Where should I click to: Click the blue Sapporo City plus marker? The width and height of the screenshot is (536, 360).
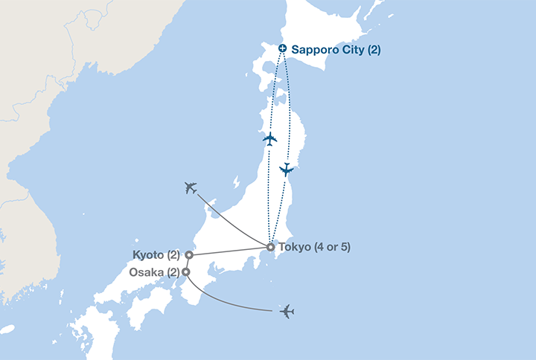[282, 49]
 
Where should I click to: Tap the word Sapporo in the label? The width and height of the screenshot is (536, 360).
[313, 50]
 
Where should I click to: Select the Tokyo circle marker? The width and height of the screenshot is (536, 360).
[270, 247]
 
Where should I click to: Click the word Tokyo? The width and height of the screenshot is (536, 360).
[293, 247]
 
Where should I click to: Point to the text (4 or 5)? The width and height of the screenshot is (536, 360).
[331, 247]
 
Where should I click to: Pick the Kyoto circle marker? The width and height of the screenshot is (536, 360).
[189, 255]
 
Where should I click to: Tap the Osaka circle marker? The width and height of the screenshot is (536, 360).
[185, 272]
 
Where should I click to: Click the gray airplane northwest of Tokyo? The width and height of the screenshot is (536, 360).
[191, 187]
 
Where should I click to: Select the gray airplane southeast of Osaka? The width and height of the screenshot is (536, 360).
[287, 312]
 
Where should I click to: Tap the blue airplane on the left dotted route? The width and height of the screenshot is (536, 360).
[269, 139]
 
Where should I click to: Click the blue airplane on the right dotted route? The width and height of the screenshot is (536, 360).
[286, 170]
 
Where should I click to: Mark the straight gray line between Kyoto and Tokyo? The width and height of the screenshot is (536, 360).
[229, 251]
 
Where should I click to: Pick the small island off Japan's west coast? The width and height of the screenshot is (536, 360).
[235, 181]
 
